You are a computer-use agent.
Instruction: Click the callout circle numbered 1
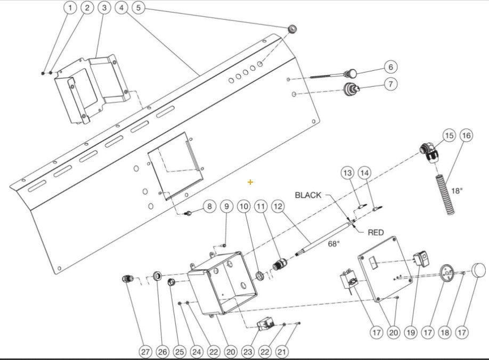click(70, 8)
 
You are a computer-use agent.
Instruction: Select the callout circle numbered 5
click(138, 8)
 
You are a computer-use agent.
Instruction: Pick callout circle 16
click(466, 136)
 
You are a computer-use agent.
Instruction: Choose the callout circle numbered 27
click(145, 351)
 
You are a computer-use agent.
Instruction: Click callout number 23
click(247, 351)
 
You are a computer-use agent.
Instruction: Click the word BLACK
click(308, 195)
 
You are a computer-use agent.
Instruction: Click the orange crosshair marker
click(250, 182)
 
